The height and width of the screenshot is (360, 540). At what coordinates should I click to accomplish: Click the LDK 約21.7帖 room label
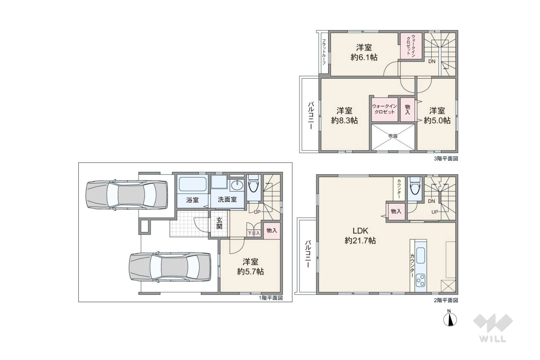click(360, 235)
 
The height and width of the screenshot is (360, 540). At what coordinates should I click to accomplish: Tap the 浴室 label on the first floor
click(192, 200)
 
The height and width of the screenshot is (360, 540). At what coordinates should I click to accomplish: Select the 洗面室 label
click(227, 200)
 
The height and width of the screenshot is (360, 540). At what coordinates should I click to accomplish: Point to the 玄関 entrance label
click(219, 223)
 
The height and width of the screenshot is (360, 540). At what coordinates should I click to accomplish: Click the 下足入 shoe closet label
click(254, 233)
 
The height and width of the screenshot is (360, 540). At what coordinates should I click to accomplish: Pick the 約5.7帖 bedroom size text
click(250, 272)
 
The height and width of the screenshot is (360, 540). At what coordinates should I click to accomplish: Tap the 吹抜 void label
click(393, 136)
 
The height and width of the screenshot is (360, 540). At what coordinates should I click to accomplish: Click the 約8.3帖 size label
click(344, 121)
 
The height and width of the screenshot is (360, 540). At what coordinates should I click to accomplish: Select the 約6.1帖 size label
click(364, 57)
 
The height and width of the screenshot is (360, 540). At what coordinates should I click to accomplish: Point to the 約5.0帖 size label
click(437, 121)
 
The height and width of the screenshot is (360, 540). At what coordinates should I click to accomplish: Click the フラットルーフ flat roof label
click(324, 52)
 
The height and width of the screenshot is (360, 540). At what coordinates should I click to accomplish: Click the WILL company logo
click(493, 328)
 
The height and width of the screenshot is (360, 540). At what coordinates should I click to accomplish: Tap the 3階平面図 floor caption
click(446, 158)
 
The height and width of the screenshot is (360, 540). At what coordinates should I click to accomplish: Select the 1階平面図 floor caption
click(271, 298)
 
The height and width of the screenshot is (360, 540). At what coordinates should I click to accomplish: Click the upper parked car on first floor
click(127, 195)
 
